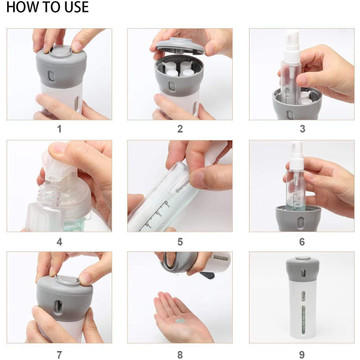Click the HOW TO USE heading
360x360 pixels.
(x=48, y=7)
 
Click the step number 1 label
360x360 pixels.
(x=59, y=129)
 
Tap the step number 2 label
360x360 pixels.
(x=180, y=129)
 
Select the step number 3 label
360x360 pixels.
(x=302, y=129)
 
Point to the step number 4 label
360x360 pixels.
(x=59, y=242)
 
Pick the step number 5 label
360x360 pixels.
(x=180, y=242)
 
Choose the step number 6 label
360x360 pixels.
(x=302, y=242)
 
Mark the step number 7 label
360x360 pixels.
(x=59, y=354)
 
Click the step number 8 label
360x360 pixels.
(x=180, y=354)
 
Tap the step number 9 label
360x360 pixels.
(x=302, y=354)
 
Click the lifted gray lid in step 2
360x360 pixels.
(x=180, y=46)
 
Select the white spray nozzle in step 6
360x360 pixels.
(x=297, y=155)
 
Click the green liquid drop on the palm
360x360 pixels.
(x=180, y=321)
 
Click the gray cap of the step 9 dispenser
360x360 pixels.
(x=302, y=269)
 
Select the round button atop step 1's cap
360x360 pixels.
(x=61, y=51)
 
